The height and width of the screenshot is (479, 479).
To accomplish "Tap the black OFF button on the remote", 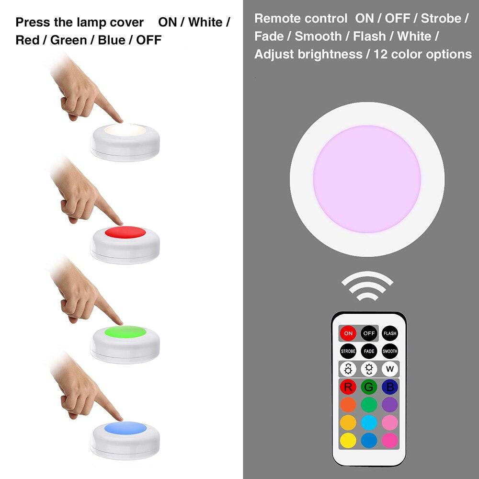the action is click(x=369, y=333).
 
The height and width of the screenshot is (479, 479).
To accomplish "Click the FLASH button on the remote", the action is click(x=390, y=333).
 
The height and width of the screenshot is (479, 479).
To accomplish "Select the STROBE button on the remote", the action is click(x=348, y=351).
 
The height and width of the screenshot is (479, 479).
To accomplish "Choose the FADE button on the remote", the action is click(x=369, y=351).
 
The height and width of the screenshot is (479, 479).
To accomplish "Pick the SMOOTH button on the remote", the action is click(x=390, y=351).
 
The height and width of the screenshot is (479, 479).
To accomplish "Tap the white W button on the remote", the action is click(x=390, y=369).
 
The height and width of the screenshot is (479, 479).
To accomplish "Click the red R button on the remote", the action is click(x=348, y=387).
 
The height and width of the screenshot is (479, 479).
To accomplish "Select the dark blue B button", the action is click(x=390, y=387).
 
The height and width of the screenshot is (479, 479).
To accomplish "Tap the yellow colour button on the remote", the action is click(x=348, y=441).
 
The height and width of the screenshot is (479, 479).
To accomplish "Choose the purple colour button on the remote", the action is click(x=390, y=405).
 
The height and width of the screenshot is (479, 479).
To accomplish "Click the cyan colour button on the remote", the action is click(x=369, y=423).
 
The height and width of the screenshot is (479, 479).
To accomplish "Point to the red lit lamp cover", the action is click(x=125, y=232).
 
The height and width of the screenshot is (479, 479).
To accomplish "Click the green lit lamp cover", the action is click(x=125, y=332).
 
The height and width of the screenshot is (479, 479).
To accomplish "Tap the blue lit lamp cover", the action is click(x=125, y=427).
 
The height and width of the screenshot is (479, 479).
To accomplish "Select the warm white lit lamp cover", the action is click(x=125, y=129).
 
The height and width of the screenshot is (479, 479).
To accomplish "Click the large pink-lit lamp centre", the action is click(x=367, y=179).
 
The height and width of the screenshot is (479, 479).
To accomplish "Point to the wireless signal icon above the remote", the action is click(x=367, y=286).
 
